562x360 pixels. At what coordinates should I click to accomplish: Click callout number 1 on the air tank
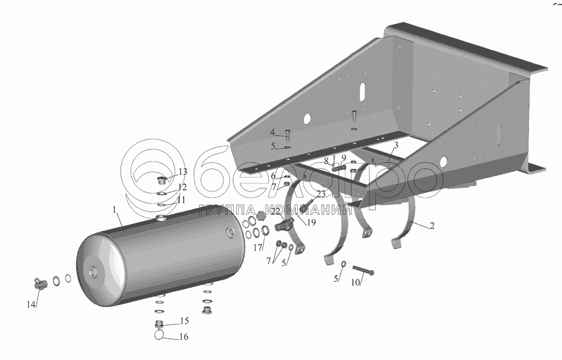point(115,210)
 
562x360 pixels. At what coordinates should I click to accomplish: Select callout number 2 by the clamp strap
point(432,225)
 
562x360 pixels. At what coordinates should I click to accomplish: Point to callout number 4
point(272,132)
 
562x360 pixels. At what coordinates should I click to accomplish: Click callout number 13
point(182,172)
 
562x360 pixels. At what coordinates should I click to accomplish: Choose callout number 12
point(182,187)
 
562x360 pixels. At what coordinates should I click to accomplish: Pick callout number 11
point(181,200)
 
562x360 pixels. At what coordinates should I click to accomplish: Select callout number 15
point(184,321)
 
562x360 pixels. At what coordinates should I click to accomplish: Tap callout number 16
point(184,336)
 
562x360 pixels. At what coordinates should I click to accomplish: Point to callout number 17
point(255,247)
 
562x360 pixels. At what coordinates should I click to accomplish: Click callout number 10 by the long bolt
point(355,282)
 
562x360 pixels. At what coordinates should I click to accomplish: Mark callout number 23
point(320,193)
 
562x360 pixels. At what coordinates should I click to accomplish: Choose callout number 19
point(311,221)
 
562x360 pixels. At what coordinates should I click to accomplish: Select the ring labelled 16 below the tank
point(160,334)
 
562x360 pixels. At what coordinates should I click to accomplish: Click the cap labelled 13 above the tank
point(162,181)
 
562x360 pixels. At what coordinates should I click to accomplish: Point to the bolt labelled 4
point(287,134)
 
